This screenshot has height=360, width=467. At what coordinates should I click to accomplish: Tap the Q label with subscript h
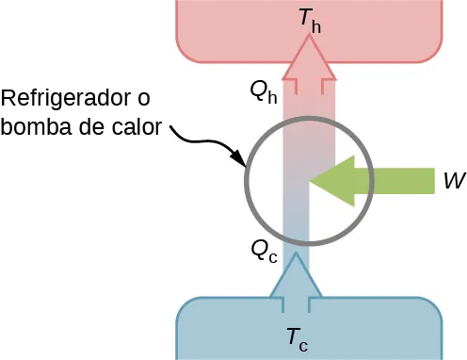click(x=263, y=90)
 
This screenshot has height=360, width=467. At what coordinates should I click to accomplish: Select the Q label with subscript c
click(x=262, y=249)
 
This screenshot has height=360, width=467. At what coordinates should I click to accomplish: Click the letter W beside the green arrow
click(x=451, y=181)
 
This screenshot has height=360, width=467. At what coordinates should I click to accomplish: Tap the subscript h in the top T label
click(x=315, y=26)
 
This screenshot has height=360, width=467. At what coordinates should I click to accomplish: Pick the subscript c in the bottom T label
click(x=303, y=344)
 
